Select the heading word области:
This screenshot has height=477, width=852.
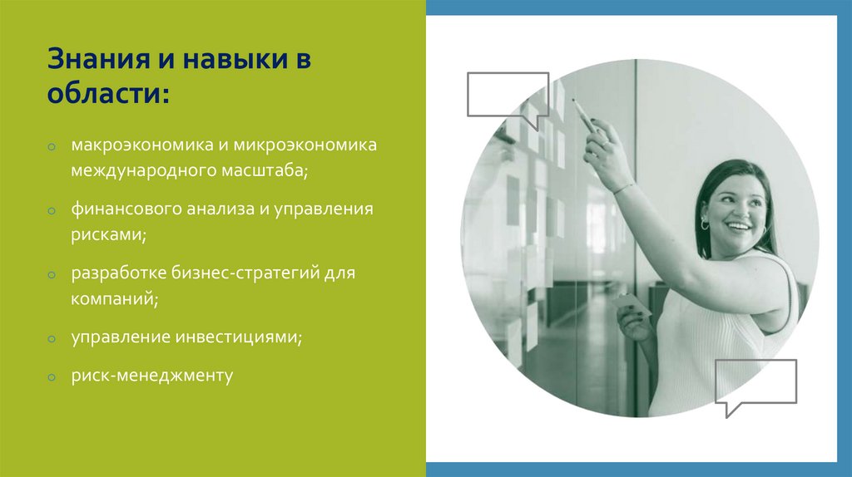108,93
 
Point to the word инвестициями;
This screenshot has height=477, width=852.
239,337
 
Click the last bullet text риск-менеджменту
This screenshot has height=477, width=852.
151,376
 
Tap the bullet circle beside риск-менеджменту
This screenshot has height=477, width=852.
52,378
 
